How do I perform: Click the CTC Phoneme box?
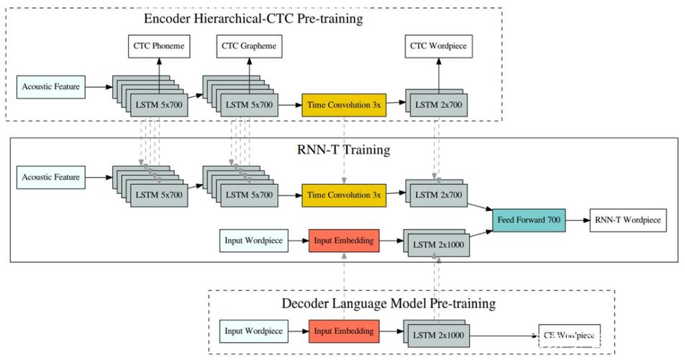point(158,48)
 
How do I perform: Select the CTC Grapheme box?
point(249,48)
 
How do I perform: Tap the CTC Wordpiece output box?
point(438,48)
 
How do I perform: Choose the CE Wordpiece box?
point(569,336)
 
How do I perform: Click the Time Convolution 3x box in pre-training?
point(344,105)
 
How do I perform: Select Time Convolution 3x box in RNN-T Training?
point(344,194)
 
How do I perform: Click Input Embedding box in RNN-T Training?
point(344,240)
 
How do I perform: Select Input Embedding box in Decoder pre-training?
point(344,331)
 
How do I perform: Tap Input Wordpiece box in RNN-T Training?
point(253,240)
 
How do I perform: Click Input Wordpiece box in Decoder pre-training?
point(253,331)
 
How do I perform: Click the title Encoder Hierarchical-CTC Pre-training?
point(253,18)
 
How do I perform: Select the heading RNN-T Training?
point(344,150)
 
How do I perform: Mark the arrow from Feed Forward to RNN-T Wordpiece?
point(577,220)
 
